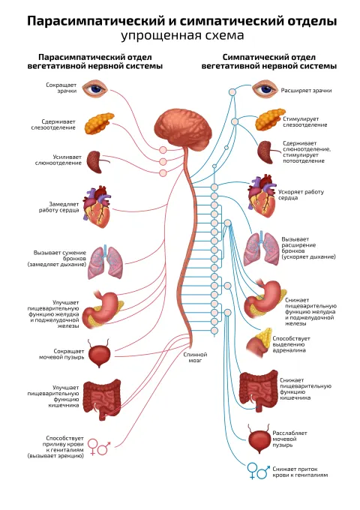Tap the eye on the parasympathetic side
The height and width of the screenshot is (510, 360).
click(x=94, y=88)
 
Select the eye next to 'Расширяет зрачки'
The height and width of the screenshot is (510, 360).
click(x=265, y=88)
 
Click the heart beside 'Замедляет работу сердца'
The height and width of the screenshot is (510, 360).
click(x=97, y=207)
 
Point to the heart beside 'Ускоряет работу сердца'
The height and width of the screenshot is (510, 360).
click(x=262, y=194)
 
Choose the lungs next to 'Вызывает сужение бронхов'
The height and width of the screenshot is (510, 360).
click(x=106, y=262)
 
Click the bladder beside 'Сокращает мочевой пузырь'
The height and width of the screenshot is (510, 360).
click(x=99, y=353)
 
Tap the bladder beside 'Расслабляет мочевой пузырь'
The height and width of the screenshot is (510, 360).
click(x=259, y=439)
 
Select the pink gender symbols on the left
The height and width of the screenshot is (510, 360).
click(x=99, y=446)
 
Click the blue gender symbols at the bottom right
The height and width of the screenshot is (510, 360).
click(x=259, y=471)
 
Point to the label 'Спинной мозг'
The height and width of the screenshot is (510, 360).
click(x=195, y=358)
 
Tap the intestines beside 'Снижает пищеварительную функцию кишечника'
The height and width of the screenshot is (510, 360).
click(x=259, y=390)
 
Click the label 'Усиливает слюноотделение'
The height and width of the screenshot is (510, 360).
click(x=58, y=160)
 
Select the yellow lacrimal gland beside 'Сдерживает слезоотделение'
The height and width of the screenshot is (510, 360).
click(x=100, y=124)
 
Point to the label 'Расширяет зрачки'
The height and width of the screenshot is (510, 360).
click(x=306, y=91)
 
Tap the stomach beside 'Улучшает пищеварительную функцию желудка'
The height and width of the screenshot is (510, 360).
click(x=103, y=310)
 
